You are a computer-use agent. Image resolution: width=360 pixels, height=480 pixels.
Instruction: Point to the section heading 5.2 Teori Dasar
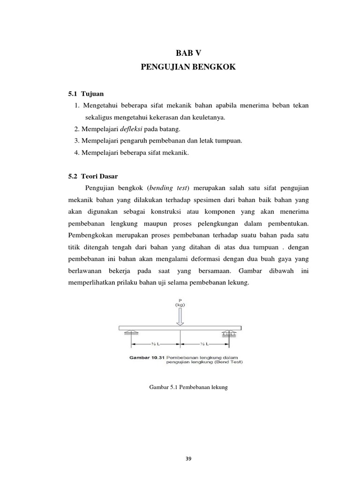click(x=93, y=176)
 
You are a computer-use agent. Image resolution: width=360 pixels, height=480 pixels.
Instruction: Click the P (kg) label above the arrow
click(x=180, y=302)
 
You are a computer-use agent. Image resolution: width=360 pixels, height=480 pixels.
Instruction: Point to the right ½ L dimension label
click(x=204, y=344)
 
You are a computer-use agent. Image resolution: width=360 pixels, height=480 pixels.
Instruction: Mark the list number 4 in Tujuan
click(x=76, y=152)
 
